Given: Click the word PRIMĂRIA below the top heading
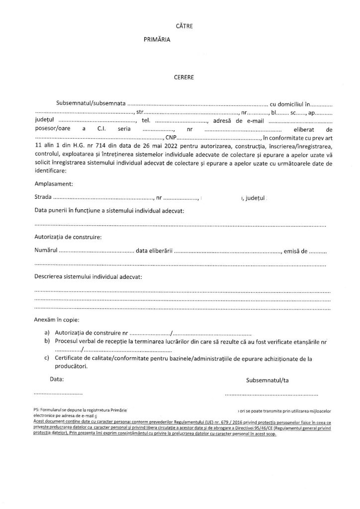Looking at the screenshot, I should (156, 42).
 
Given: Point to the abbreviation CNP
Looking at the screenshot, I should (170, 138).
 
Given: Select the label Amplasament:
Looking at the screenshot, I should (54, 184).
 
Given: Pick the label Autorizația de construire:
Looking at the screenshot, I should (69, 237).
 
